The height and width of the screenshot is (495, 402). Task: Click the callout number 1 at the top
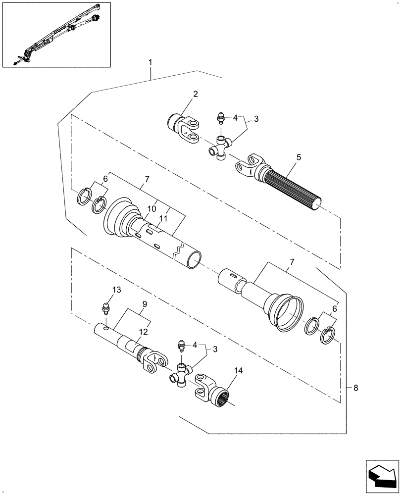coord(151,63)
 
